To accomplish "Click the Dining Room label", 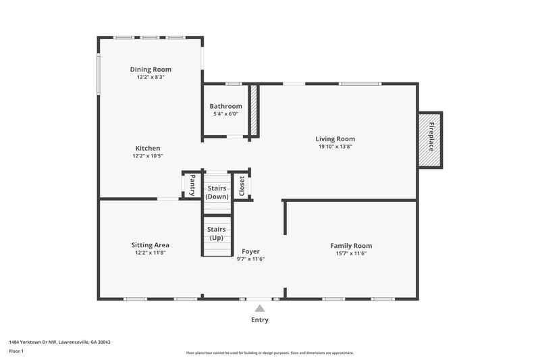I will (x=150, y=69).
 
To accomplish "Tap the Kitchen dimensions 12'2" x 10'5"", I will (x=147, y=156).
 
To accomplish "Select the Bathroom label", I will (x=225, y=106).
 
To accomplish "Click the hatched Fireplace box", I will (x=430, y=139).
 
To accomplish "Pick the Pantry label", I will (x=192, y=184).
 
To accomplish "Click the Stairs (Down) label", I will (x=217, y=192).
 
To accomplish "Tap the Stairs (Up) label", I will (x=217, y=234).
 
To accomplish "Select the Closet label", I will (x=242, y=186).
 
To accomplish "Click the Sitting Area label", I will (x=150, y=245).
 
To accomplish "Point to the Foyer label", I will (x=250, y=251).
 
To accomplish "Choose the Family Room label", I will (x=351, y=245).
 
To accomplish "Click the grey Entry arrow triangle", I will (x=260, y=308).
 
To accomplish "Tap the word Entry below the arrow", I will (x=260, y=320).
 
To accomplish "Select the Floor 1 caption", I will (x=16, y=351).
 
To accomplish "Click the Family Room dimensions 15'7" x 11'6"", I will (x=351, y=253).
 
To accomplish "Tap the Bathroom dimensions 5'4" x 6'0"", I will (x=225, y=114).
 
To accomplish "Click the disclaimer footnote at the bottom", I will (x=269, y=353).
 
